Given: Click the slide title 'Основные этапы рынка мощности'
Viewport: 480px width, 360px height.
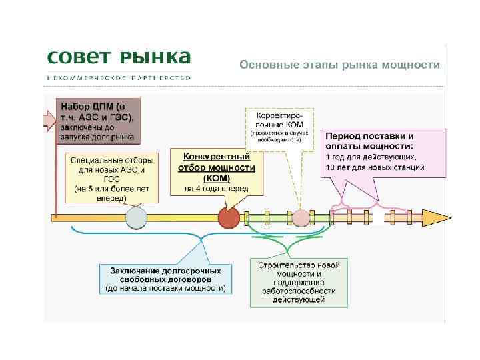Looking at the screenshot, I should click(339, 65).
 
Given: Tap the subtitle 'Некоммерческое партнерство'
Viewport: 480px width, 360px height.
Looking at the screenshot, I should click(119, 77).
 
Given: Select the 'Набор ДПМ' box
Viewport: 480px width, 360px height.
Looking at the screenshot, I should click(98, 121).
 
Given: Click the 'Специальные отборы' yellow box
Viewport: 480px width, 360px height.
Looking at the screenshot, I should click(114, 179).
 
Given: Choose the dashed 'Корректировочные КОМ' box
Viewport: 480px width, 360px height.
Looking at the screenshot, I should click(279, 127).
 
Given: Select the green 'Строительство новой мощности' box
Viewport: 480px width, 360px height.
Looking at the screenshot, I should click(294, 283).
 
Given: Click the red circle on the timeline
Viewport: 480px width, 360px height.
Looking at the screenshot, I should click(229, 217).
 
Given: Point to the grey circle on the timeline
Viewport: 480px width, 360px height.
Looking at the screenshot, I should click(136, 217).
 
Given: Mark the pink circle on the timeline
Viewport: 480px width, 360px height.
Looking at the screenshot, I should click(301, 217).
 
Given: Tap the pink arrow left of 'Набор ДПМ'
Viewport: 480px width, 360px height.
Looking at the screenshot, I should click(49, 119).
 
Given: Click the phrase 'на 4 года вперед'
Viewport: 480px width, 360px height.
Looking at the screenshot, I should click(217, 189).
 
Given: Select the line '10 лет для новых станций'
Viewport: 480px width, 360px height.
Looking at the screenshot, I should click(375, 167).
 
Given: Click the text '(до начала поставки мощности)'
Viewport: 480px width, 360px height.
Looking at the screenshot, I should click(166, 289).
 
